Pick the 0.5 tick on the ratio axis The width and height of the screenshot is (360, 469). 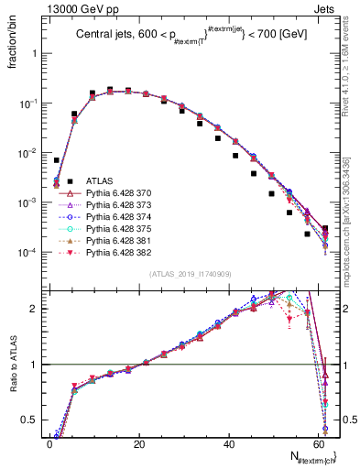coord(34,421)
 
